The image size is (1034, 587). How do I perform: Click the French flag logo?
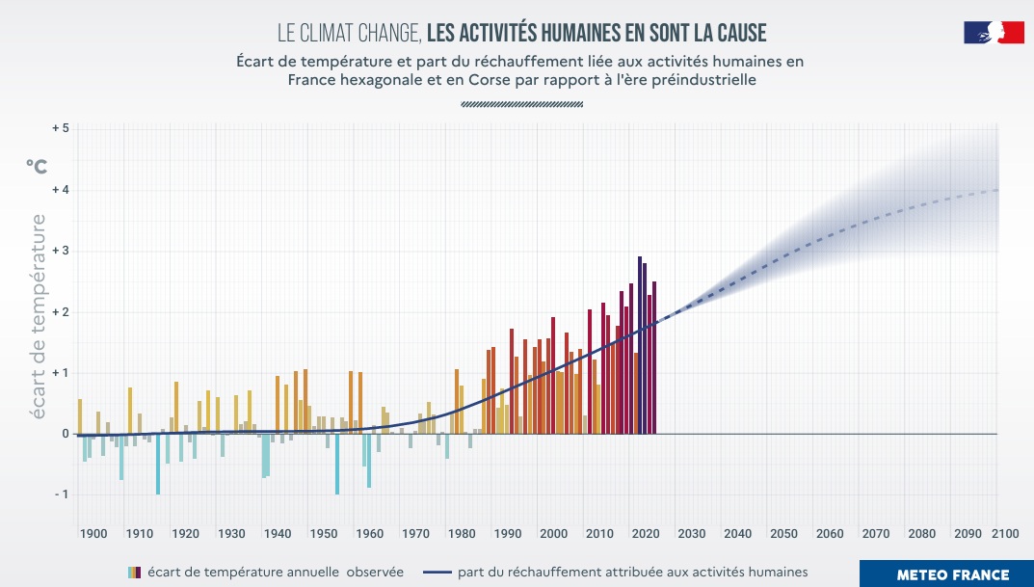(994, 33)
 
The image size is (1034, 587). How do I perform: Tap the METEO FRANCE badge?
(952, 574)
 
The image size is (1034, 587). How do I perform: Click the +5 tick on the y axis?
(60, 129)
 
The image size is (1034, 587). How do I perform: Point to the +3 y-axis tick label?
(60, 252)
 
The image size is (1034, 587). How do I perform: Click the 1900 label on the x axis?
(93, 534)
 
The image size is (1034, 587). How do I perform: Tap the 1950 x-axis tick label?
(323, 534)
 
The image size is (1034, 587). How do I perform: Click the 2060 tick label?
(829, 534)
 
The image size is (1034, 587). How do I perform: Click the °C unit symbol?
(36, 166)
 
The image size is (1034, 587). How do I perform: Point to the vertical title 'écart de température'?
(39, 316)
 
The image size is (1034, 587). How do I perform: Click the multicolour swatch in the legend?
(135, 573)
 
